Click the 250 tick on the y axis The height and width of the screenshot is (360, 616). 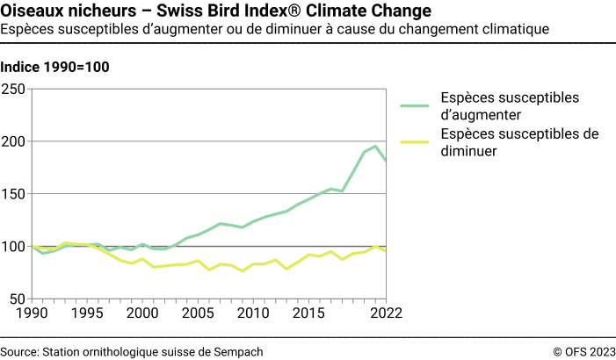point(13,89)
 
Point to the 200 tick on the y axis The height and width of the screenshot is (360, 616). point(13,141)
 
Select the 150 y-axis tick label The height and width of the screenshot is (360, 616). point(13,194)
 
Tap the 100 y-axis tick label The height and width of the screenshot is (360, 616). point(13,247)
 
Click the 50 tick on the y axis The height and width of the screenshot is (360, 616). point(18,299)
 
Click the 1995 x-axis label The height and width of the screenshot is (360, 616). point(84,313)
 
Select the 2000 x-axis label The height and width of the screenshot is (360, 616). point(141,313)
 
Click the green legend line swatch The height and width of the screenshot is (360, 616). point(418,106)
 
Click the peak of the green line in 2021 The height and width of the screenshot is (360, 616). point(376,147)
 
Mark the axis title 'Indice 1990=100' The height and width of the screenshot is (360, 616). point(54,68)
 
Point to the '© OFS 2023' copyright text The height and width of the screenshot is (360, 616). point(583,351)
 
